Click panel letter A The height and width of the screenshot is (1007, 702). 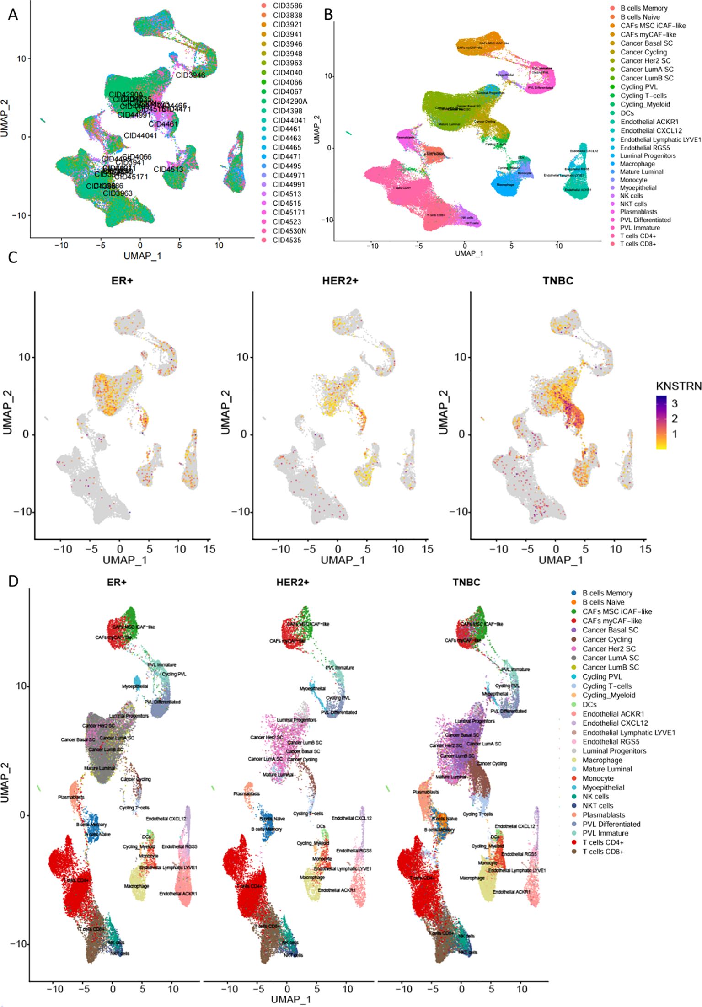[13, 15]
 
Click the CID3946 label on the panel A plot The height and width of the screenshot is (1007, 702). [190, 75]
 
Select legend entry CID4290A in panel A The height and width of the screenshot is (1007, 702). [290, 101]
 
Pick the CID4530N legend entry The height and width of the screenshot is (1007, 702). [289, 231]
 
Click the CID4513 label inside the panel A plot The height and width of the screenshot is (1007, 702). [168, 169]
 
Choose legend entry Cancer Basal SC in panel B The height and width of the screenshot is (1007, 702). [646, 43]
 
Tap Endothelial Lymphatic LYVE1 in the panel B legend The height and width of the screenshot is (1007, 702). [660, 139]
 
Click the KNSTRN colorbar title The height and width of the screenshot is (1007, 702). [678, 386]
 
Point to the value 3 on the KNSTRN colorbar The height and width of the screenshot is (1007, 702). [675, 403]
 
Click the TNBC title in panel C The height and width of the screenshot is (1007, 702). [557, 281]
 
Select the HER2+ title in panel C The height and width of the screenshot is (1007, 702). [340, 281]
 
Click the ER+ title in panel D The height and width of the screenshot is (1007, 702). [117, 582]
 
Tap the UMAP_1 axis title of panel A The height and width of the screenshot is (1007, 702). [142, 256]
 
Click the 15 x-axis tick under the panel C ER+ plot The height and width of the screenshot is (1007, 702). [209, 548]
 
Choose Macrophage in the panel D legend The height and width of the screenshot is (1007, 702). [602, 760]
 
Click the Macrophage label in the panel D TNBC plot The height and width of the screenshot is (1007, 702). [472, 878]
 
